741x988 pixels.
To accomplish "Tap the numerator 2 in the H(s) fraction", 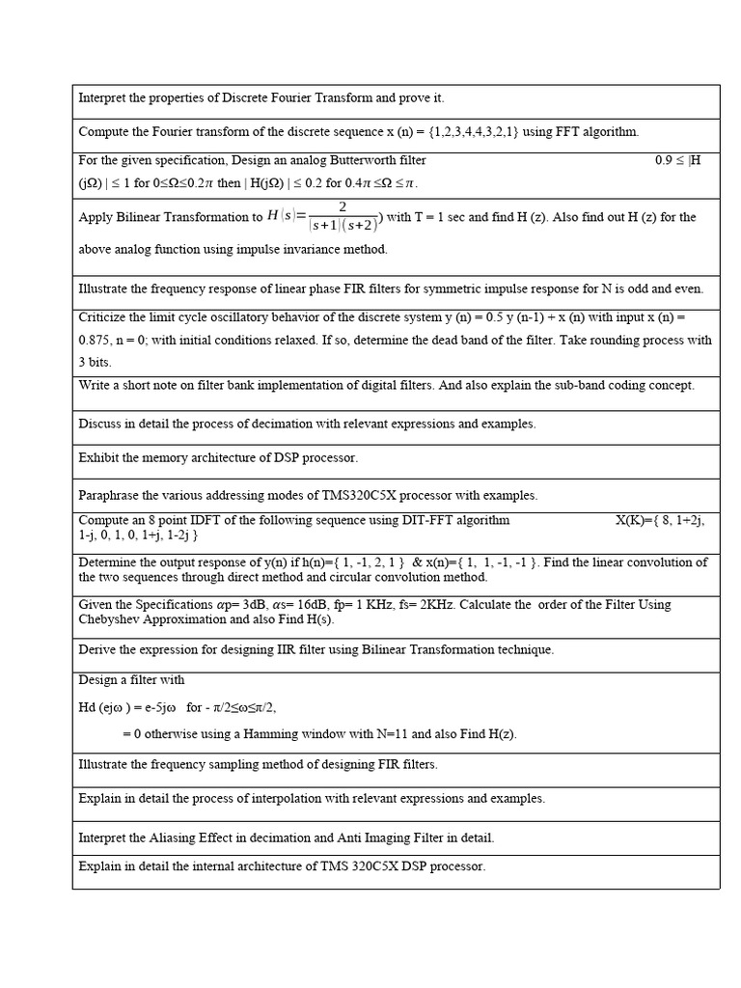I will [343, 207].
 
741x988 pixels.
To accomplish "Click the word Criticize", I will [105, 316].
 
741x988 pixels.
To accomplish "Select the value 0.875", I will [96, 340].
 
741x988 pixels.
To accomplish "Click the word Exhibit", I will [99, 457].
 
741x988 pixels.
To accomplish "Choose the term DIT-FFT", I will [404, 520].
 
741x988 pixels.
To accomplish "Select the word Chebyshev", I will [110, 618].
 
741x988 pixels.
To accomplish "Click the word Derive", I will [97, 649].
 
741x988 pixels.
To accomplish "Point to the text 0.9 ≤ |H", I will [677, 160].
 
